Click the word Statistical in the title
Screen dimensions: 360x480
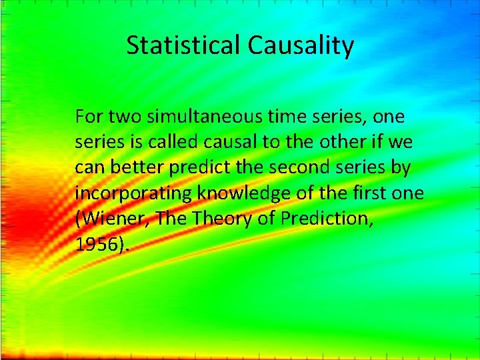[184, 45]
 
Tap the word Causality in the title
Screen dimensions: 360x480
[301, 45]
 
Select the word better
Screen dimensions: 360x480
[133, 168]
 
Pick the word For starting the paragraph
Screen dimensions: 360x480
[88, 117]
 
